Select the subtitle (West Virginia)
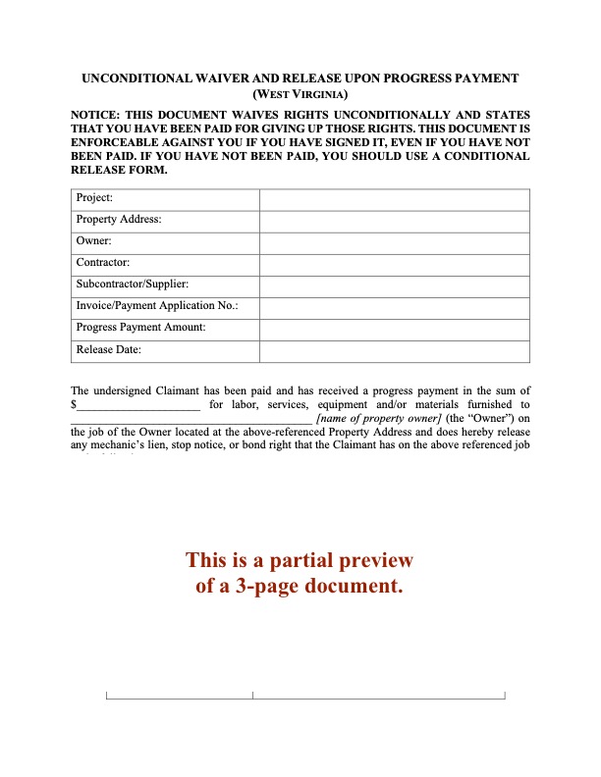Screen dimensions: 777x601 (300, 94)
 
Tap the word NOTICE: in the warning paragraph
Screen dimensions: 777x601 (96, 115)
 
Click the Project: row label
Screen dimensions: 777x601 (94, 198)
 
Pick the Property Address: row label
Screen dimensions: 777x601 (119, 220)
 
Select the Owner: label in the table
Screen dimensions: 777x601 (93, 241)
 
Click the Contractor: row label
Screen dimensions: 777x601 (102, 263)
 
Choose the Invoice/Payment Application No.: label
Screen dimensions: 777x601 (157, 306)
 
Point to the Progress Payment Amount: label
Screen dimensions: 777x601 (140, 328)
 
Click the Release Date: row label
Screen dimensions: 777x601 (109, 349)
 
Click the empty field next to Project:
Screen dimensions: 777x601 (394, 198)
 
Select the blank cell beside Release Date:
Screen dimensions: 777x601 (394, 350)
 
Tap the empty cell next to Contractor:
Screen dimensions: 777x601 (394, 263)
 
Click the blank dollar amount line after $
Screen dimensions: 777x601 (138, 405)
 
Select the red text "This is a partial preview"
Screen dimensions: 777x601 (300, 561)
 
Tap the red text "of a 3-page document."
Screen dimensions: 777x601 (300, 587)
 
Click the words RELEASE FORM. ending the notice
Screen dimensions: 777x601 (119, 170)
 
